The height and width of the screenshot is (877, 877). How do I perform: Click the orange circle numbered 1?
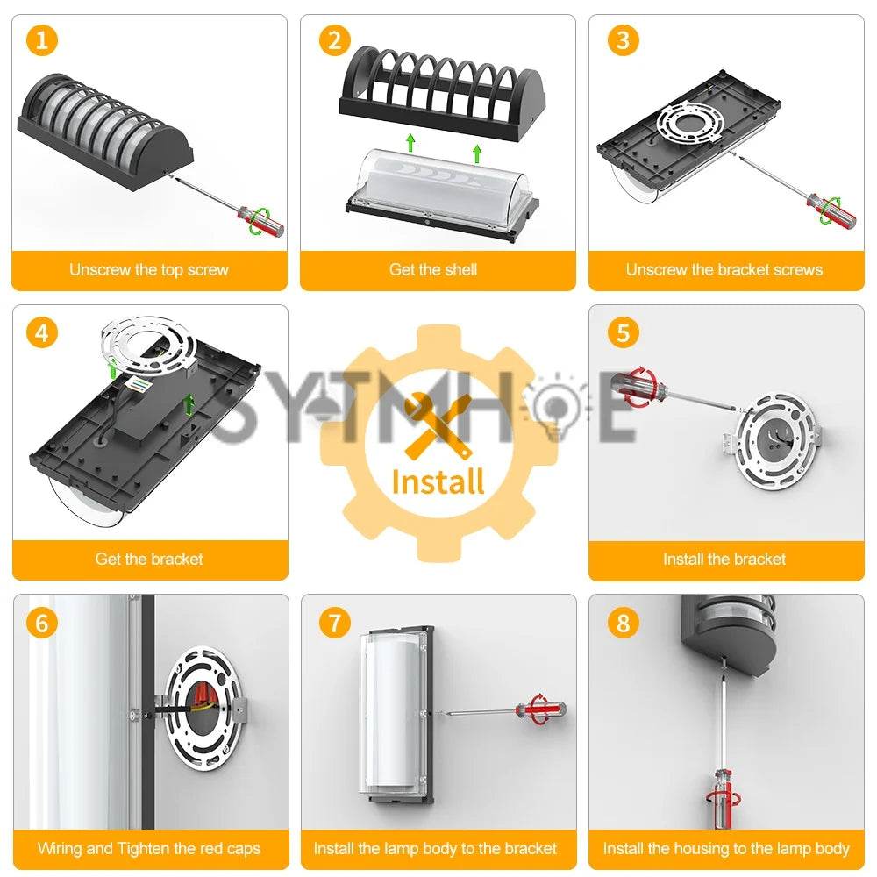click(42, 40)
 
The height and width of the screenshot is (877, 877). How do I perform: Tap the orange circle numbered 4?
click(42, 332)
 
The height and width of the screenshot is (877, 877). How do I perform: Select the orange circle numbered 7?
click(334, 623)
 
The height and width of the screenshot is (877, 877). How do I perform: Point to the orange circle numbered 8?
click(623, 623)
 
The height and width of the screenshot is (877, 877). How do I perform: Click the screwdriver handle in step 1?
click(260, 220)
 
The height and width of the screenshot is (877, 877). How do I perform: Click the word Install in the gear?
click(438, 482)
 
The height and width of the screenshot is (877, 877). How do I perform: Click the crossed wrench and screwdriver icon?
click(438, 425)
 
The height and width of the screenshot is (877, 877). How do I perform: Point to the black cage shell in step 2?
click(442, 91)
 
